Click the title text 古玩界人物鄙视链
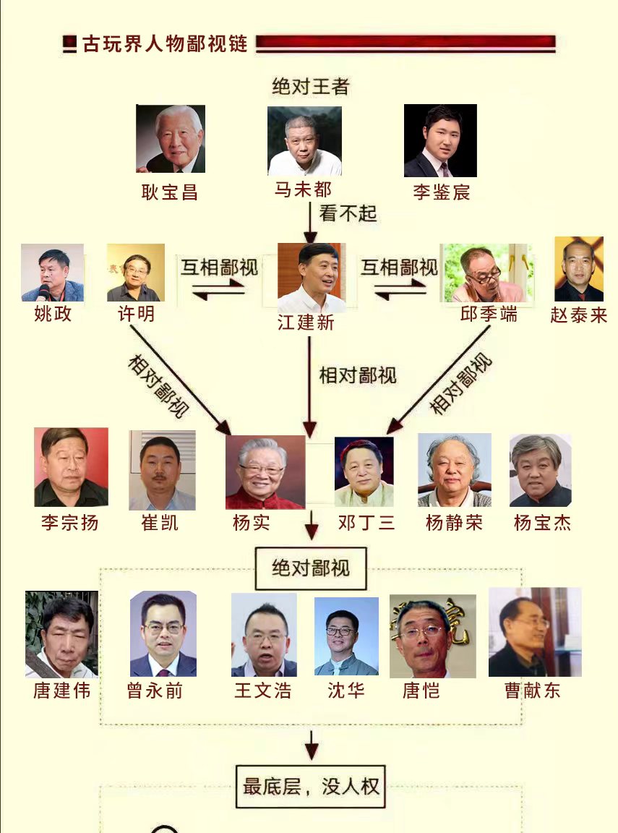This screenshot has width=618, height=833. tap(165, 44)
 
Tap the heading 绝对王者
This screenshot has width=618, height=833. tap(310, 87)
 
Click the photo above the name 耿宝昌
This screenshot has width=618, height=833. tap(171, 139)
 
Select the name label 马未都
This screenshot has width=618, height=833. tap(303, 189)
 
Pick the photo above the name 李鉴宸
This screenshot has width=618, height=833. tap(440, 140)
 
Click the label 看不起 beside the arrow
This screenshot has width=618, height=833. tap(348, 214)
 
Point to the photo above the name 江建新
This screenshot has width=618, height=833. tap(312, 278)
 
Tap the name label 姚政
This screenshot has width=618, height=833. tap(53, 315)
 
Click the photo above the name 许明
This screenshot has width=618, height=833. tap(136, 273)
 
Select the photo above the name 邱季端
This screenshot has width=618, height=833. tap(487, 273)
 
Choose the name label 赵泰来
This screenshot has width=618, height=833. tap(578, 315)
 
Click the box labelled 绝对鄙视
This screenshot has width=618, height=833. tap(311, 568)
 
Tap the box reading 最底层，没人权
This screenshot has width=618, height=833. tap(311, 786)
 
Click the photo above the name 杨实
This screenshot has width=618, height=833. tap(265, 471)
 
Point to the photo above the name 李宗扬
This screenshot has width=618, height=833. tap(71, 467)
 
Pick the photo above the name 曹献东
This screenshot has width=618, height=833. tap(535, 632)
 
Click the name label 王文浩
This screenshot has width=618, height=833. tap(263, 691)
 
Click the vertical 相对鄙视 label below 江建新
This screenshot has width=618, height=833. tap(358, 375)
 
